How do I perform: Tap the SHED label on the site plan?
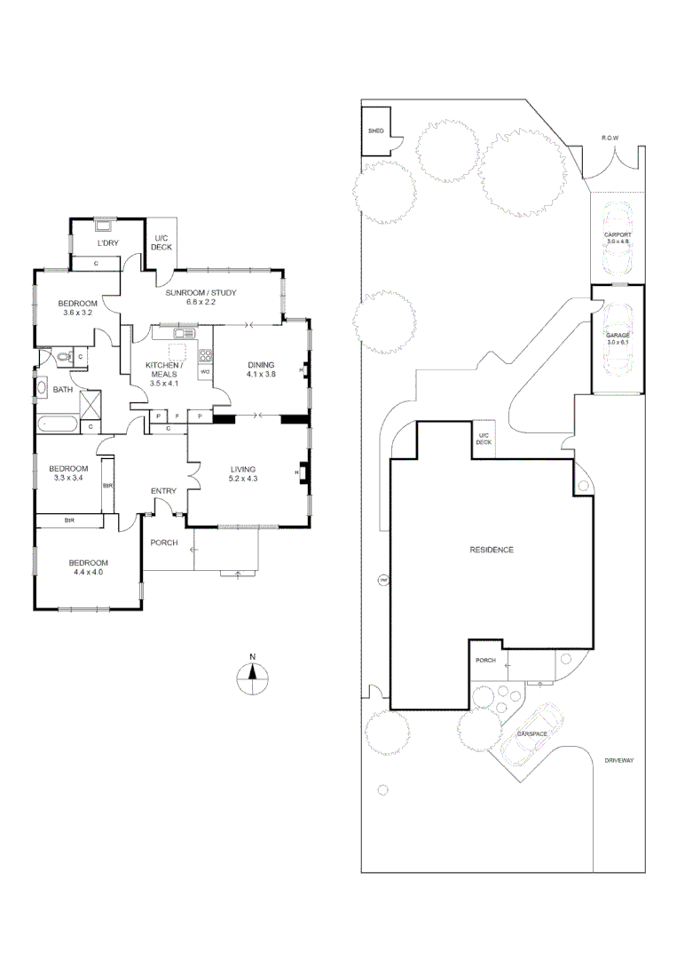tap(375, 131)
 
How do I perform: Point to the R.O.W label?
tap(610, 138)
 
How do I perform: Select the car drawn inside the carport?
tap(617, 240)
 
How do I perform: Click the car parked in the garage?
tap(617, 337)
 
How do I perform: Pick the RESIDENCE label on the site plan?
tap(492, 550)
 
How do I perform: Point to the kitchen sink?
tap(185, 333)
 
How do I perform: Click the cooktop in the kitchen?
tap(205, 355)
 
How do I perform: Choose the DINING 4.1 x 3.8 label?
tap(261, 369)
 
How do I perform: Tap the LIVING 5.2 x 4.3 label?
tap(243, 473)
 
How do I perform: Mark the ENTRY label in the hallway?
tap(163, 491)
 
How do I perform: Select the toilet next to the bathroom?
tap(61, 358)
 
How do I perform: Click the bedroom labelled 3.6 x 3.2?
tap(79, 307)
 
